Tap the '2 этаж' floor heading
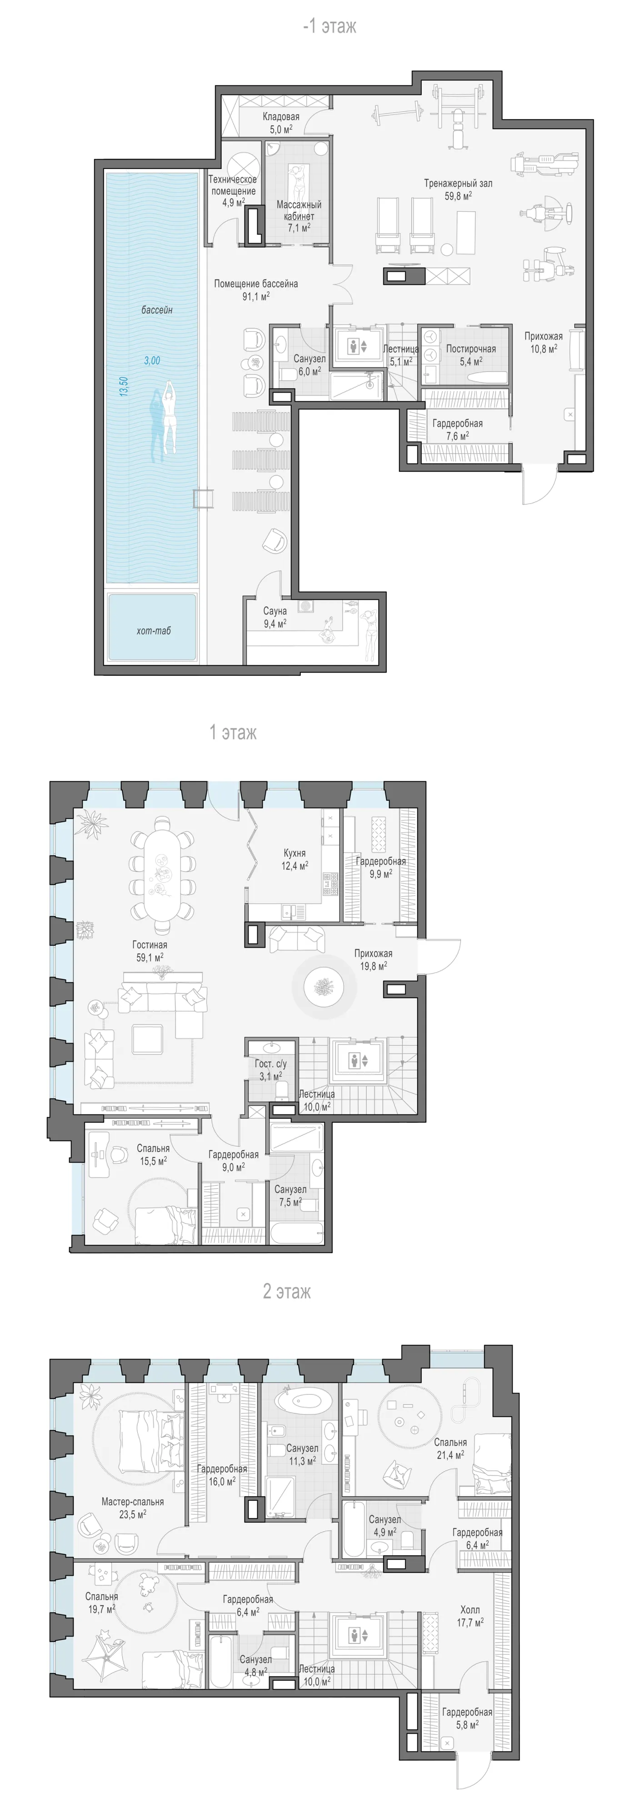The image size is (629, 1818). tap(287, 1292)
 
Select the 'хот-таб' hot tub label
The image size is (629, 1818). tap(154, 631)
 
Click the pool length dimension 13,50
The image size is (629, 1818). tap(124, 387)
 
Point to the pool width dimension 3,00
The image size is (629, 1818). tap(152, 360)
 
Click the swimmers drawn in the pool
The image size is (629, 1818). tap(162, 422)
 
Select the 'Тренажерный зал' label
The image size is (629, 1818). tap(458, 184)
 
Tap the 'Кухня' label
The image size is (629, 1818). tap(295, 853)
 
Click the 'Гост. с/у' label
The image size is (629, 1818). tap(271, 1064)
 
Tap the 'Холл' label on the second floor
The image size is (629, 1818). tap(470, 1610)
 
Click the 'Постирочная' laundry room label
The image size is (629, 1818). tap(471, 349)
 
